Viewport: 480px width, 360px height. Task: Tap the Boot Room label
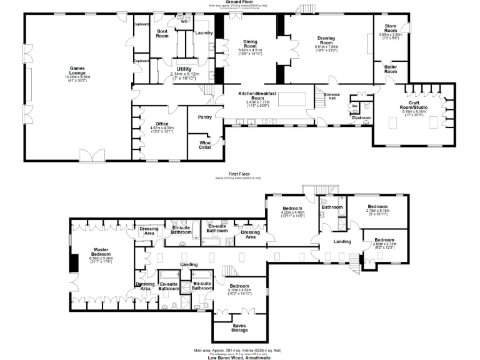tap(162, 33)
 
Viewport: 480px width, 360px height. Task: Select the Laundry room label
tap(204, 32)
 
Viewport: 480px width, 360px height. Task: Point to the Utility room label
tap(184, 69)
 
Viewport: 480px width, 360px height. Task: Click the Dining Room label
tap(250, 44)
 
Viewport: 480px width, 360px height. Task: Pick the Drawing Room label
tap(326, 41)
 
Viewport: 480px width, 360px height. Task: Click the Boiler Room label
tap(391, 69)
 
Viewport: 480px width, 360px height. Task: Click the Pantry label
tap(204, 117)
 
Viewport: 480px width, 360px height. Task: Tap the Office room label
tap(161, 124)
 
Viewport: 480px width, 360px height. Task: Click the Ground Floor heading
tap(239, 3)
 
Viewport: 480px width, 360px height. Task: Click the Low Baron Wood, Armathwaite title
tap(239, 357)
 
